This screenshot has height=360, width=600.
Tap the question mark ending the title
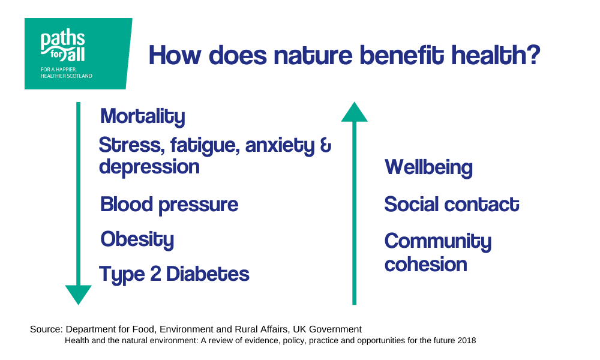533,55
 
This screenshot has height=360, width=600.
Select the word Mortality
142,116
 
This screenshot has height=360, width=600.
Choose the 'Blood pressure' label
169,205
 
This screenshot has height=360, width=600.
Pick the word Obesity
137,240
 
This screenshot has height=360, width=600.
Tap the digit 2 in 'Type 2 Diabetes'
155,274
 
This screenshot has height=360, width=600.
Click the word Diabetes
208,274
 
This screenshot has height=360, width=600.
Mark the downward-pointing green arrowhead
79,295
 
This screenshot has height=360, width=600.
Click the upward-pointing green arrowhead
355,112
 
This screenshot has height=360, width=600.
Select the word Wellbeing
428,168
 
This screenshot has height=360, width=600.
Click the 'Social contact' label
452,204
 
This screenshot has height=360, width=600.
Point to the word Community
438,242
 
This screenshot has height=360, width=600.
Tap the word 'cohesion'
426,265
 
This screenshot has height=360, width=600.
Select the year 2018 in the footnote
467,340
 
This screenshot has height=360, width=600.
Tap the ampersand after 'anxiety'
325,146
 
